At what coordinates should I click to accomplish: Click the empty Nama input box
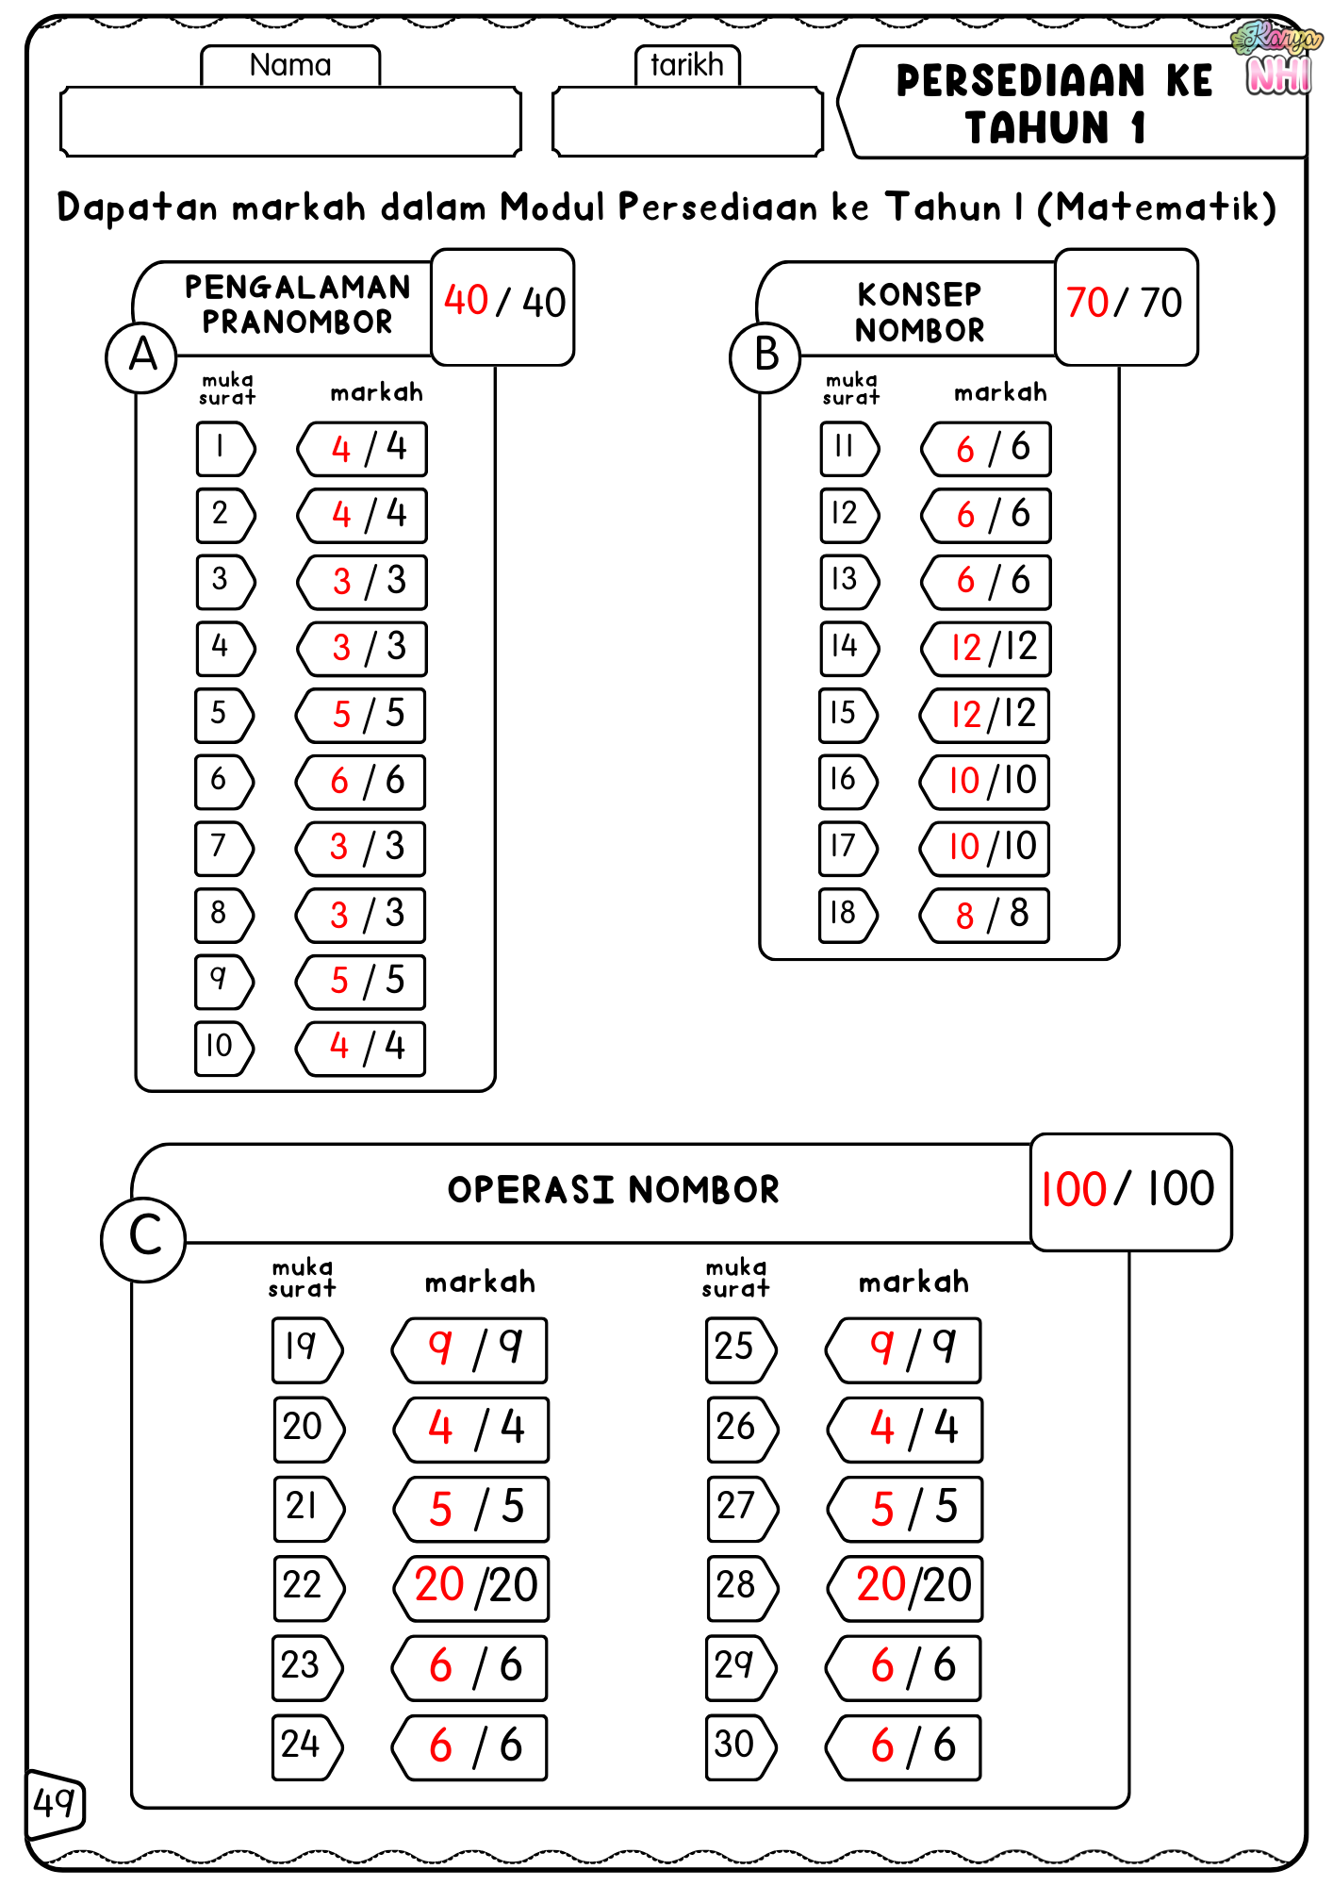pos(290,122)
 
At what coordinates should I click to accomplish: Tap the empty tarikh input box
pos(687,122)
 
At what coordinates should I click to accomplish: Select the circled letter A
pos(142,356)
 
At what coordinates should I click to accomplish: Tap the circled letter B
pos(765,356)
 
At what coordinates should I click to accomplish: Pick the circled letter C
pos(144,1237)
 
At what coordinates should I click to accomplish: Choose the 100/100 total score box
pos(1129,1190)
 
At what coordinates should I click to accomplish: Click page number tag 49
pos(55,1804)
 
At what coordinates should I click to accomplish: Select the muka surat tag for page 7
pos(223,848)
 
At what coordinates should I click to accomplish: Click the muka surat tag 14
pos(848,648)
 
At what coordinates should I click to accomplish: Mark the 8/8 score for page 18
pos(986,915)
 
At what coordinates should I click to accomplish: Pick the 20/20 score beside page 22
pos(472,1586)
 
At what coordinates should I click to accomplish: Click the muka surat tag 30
pos(739,1745)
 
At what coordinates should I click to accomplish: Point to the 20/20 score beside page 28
pos(907,1586)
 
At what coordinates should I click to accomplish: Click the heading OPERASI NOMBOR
pos(613,1191)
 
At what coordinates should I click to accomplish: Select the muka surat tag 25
pos(739,1348)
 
